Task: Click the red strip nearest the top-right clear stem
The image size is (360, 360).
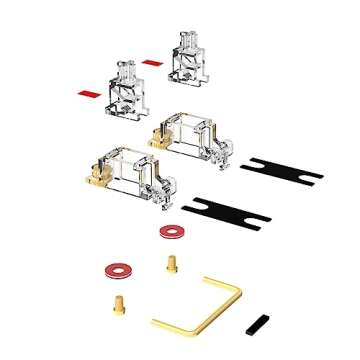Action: pos(152,62)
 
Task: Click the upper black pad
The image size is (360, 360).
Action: pos(284,167)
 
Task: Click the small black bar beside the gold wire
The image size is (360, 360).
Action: pos(257,325)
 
